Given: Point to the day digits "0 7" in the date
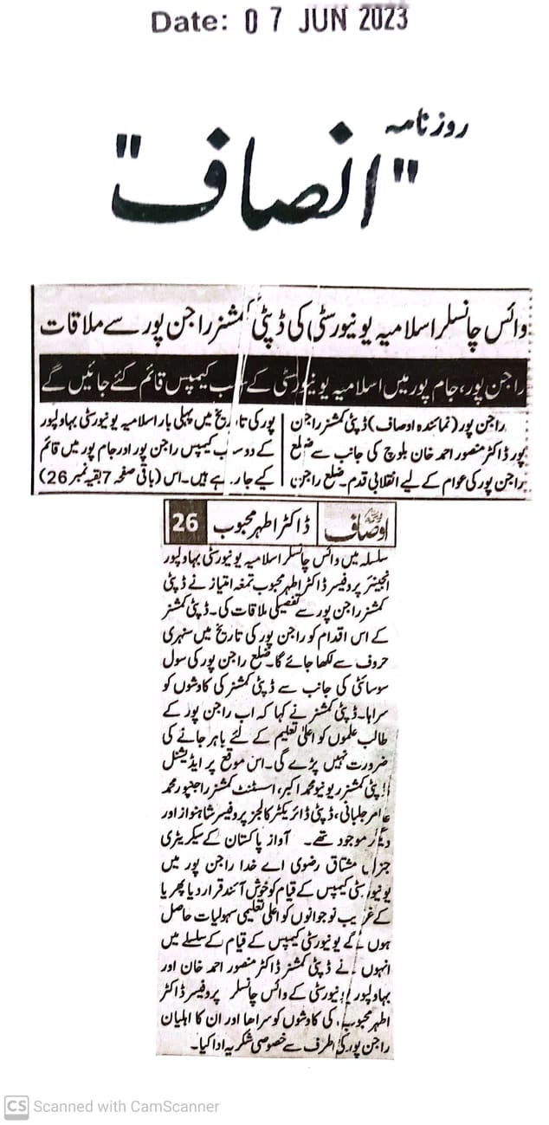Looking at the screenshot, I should (x=262, y=20).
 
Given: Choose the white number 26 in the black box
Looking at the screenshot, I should (x=185, y=521).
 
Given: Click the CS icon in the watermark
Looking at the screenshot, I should (x=16, y=1106).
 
